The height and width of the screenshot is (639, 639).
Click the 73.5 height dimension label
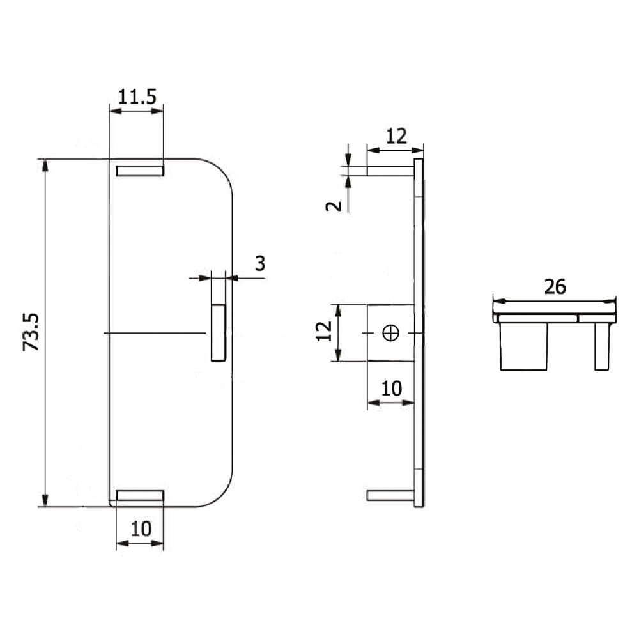click(32, 332)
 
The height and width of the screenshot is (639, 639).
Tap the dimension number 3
click(259, 263)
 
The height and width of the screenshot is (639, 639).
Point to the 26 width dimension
click(555, 287)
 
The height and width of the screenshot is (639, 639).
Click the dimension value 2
click(333, 206)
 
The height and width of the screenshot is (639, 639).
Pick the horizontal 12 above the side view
click(396, 136)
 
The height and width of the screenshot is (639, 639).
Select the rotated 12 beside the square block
click(325, 331)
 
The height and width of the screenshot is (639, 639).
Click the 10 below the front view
click(141, 528)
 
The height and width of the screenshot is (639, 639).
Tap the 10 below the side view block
click(391, 389)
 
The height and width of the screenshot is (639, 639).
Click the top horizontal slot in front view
click(139, 171)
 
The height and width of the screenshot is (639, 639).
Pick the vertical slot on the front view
click(218, 333)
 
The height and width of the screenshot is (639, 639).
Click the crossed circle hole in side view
click(390, 332)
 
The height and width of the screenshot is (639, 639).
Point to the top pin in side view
click(390, 171)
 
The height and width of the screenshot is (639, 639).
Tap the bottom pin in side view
click(390, 495)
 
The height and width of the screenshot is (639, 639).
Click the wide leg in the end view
click(523, 346)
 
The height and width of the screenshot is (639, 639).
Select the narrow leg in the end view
click(601, 346)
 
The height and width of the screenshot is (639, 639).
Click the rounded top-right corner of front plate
click(221, 171)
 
